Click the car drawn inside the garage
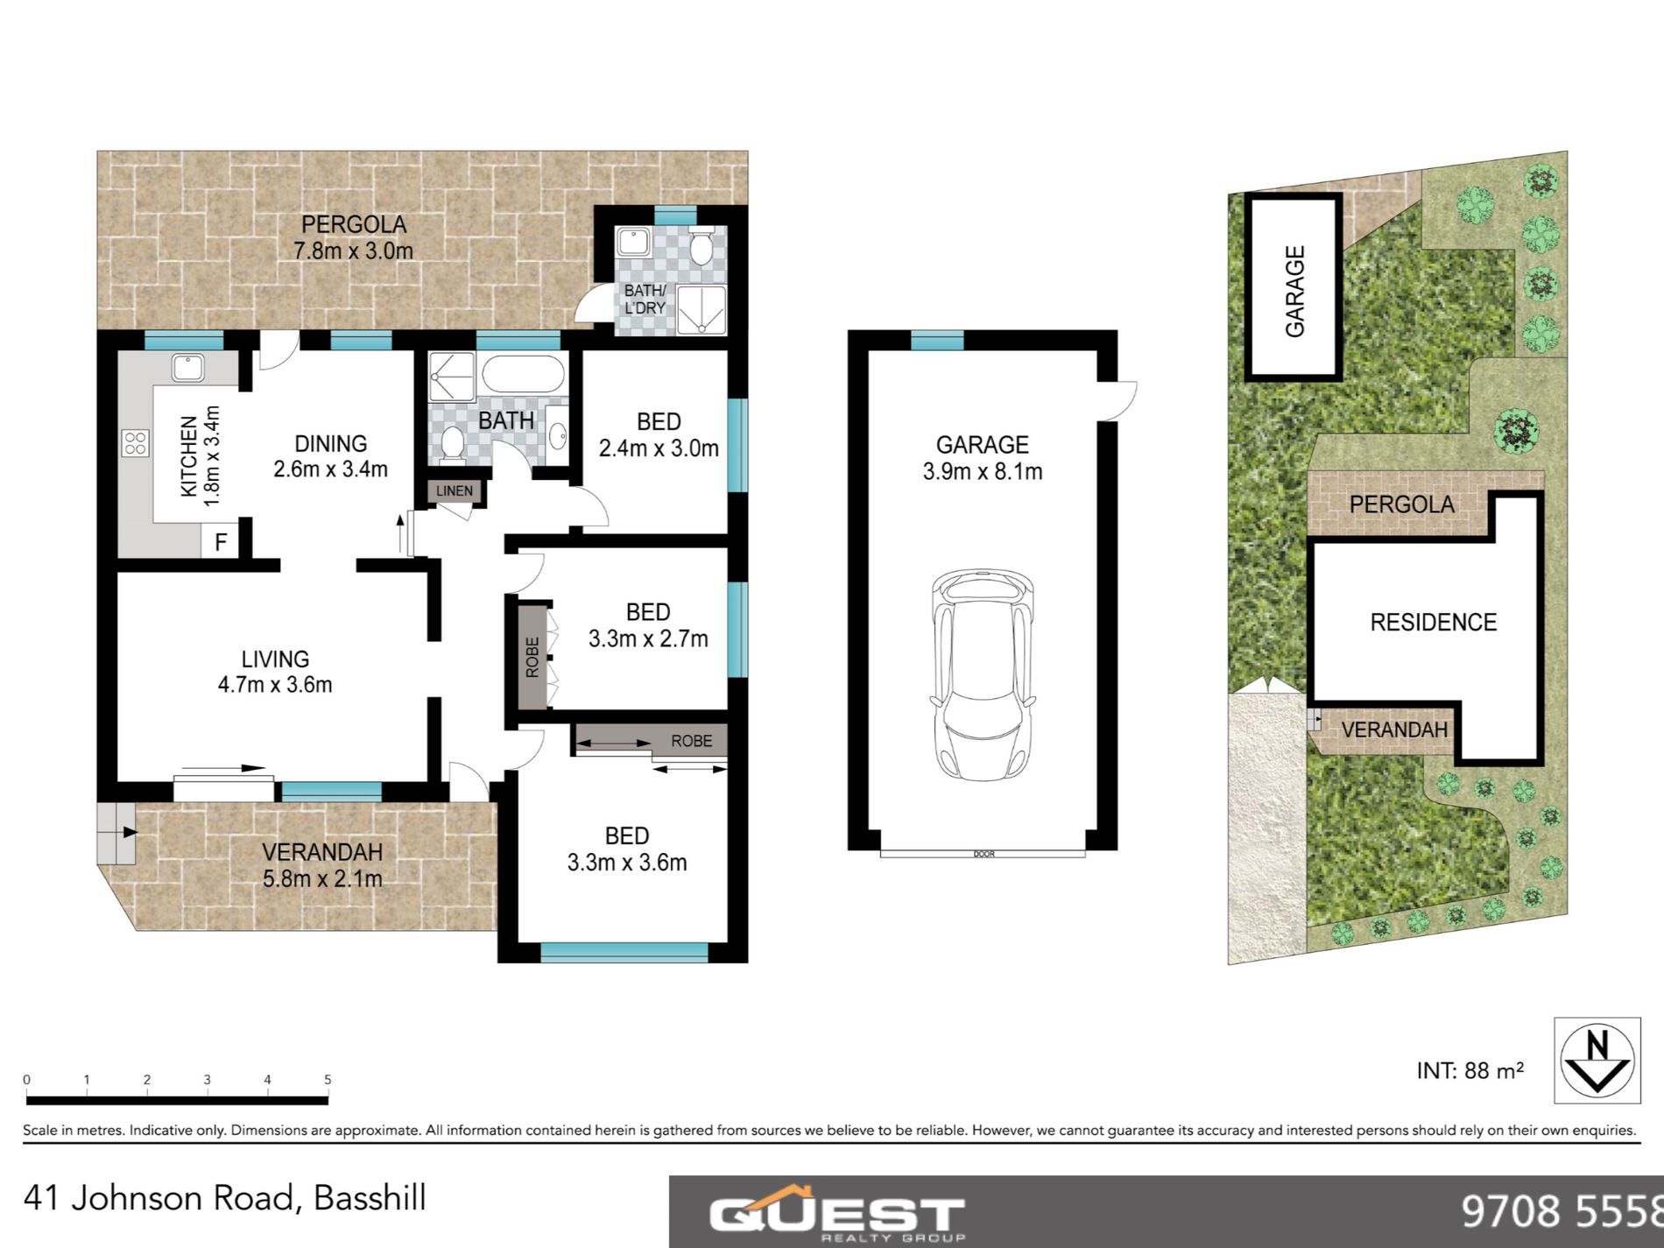point(982,674)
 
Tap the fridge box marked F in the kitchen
point(220,542)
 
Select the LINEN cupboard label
point(454,491)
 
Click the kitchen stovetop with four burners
point(136,443)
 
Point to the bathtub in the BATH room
point(523,374)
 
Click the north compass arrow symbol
point(1597,1060)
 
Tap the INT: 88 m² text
point(1470,1070)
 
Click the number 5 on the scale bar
point(328,1080)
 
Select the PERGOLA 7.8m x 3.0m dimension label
point(353,237)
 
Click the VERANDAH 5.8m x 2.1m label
point(322,864)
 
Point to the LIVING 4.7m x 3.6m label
point(275,672)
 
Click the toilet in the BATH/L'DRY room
point(701,248)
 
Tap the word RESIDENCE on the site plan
point(1433,623)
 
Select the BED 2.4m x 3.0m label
point(659,435)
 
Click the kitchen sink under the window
point(187,367)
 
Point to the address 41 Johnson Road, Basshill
point(225,1198)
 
